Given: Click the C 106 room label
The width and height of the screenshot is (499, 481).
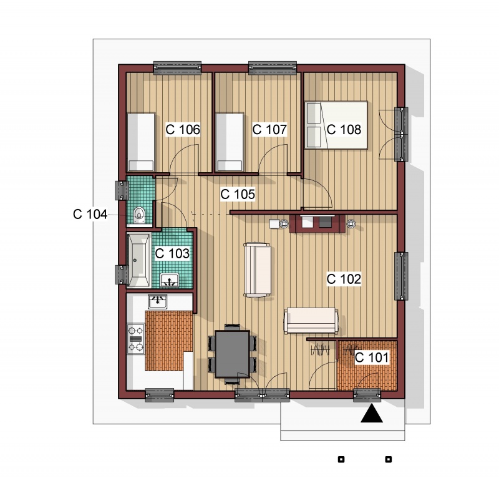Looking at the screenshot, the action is point(183,130).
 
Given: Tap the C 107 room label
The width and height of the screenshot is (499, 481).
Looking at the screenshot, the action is point(269,130).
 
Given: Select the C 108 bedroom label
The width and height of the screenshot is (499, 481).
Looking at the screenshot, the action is point(344,130).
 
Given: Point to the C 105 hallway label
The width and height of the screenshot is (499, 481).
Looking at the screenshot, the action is point(238,194).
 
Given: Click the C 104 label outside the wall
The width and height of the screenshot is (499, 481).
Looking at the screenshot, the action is point(90,214).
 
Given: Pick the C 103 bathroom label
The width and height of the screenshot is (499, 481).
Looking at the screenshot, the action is point(172,253).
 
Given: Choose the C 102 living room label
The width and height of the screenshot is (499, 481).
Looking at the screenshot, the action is point(344,279).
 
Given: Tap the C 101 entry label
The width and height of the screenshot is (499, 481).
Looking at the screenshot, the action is point(372,357).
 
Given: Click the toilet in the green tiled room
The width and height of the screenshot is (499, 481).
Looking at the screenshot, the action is point(139,215).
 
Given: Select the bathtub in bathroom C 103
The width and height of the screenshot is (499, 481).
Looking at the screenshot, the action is point(138,260).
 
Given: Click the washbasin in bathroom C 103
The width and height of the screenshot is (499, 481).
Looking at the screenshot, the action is point(169,280).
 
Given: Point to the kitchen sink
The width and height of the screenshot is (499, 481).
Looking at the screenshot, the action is point(157,301).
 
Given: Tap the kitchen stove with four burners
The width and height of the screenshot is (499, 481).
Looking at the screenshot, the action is point(135,339).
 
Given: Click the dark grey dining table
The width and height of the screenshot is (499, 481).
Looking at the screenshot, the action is point(232,354).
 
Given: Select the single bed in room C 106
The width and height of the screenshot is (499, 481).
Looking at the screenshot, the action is point(141,142).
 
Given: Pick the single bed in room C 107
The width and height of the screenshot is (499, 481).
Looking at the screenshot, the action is point(230,142).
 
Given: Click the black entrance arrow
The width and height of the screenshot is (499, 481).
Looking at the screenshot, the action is point(371,414).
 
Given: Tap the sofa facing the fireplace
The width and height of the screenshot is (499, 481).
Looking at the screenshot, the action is point(257,270).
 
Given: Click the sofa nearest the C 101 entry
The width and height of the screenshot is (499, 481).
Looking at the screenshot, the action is point(311,321).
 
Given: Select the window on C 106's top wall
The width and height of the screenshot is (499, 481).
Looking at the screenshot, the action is point(177,68).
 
